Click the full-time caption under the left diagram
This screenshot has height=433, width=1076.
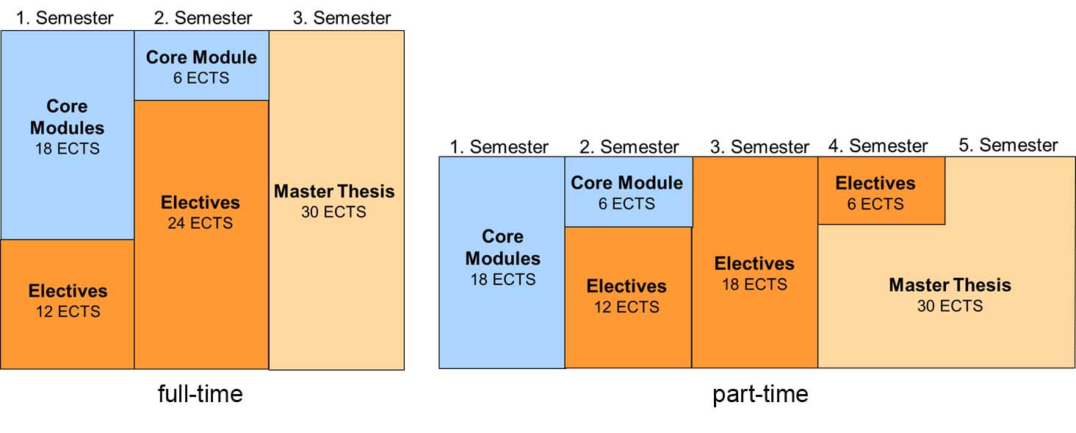click(x=200, y=395)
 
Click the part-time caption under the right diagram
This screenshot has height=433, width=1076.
click(x=760, y=395)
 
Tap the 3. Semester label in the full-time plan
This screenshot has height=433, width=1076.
click(x=342, y=18)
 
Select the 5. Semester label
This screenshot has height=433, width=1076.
click(x=1008, y=146)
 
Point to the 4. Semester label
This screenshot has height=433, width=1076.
click(x=878, y=146)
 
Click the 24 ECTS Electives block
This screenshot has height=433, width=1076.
click(x=201, y=235)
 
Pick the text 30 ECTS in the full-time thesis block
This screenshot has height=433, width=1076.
click(x=333, y=212)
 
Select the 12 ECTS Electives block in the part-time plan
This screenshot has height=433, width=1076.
click(x=627, y=297)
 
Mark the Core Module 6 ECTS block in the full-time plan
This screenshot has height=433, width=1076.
click(x=201, y=66)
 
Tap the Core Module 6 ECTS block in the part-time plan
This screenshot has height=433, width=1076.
click(x=627, y=192)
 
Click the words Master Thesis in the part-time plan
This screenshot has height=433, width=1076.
click(x=950, y=285)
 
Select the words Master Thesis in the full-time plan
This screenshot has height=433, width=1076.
click(x=334, y=192)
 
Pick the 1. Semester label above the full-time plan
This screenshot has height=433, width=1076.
click(x=65, y=18)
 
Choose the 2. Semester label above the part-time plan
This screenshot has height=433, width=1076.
click(x=629, y=147)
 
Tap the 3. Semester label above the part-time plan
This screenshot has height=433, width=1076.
click(x=759, y=147)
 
